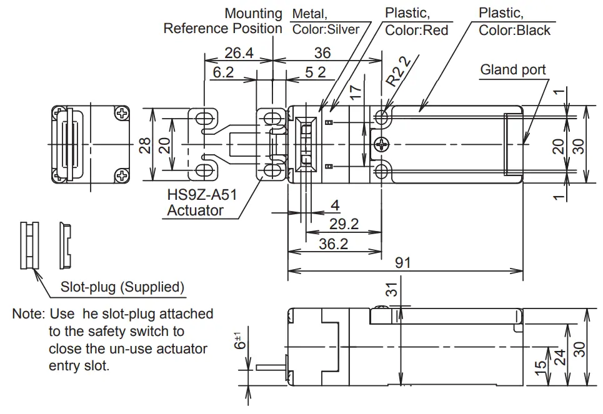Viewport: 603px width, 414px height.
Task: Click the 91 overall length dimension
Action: pos(403,262)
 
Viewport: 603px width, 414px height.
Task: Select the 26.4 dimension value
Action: pos(239,54)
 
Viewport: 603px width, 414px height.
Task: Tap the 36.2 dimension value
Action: pos(333,244)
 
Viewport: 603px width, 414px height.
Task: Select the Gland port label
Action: pos(512,69)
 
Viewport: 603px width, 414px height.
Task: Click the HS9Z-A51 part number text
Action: pos(202,194)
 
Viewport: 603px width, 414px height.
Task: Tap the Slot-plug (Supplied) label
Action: pos(122,287)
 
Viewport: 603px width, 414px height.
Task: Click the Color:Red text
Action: pos(416,30)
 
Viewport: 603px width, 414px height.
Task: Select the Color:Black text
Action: pos(514,30)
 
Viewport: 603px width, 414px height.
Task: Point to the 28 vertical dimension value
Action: pos(145,145)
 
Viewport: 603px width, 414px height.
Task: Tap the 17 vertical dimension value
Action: pos(356,94)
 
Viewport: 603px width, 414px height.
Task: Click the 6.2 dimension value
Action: pos(222,72)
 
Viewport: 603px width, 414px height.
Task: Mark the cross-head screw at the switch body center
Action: pos(381,145)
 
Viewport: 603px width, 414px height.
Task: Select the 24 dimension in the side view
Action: pos(561,357)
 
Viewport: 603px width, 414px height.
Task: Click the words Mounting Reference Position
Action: pos(223,21)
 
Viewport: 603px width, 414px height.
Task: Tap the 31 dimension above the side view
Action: pos(391,289)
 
